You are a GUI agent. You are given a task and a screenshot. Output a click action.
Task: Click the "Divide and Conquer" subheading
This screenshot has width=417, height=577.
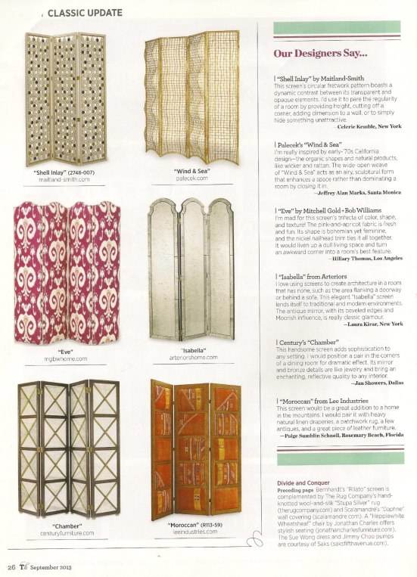[x=301, y=481]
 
